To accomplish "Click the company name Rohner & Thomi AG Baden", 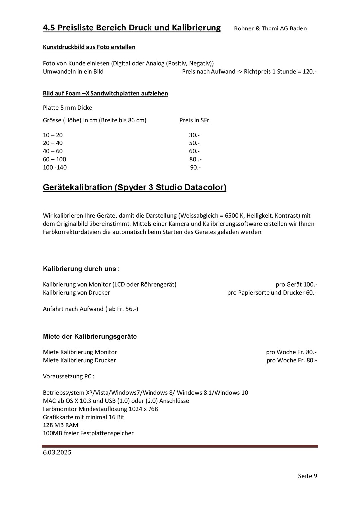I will click(270, 28).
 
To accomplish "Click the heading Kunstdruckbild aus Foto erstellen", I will click(89, 47).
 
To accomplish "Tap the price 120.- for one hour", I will click(309, 72).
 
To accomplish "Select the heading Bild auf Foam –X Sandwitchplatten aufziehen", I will click(105, 93).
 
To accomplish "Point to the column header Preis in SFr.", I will click(195, 120).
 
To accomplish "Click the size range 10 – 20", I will click(53, 135).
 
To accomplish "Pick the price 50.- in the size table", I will click(194, 143).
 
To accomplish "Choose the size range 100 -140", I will click(55, 168).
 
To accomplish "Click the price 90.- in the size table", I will click(195, 168).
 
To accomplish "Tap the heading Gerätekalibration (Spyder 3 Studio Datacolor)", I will click(135, 188).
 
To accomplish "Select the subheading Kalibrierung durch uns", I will click(81, 269).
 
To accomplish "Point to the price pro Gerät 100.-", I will click(296, 285).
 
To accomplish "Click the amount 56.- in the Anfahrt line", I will click(130, 309).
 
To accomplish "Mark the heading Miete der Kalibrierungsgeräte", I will click(90, 337).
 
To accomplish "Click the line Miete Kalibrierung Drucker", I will click(80, 360).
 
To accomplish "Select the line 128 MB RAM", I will click(61, 425).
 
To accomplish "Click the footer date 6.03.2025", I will click(57, 453).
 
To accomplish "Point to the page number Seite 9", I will click(307, 476).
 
